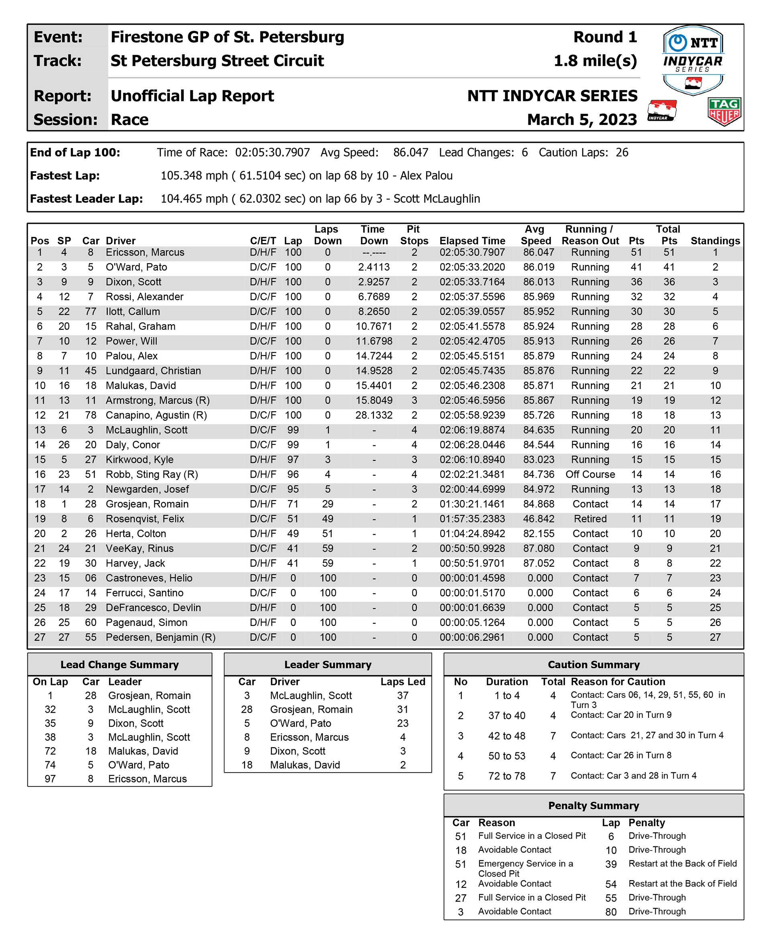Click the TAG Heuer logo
pos(724,111)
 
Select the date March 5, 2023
pos(582,119)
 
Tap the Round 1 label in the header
pos(605,37)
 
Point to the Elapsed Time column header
pos(472,241)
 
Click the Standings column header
pos(715,241)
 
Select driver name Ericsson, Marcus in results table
pos(145,252)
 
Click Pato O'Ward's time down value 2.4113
pos(373,267)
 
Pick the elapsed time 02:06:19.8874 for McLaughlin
pos(472,430)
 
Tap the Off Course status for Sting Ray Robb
pos(590,474)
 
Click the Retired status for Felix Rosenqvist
pos(590,519)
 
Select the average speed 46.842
pos(538,519)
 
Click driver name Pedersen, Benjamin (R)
pos(160,637)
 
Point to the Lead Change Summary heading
pos(120,664)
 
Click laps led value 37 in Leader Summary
pos(402,695)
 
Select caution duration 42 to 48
pos(506,736)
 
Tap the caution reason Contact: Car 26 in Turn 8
pos(621,755)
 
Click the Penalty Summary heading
pos(594,805)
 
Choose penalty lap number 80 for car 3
pos(611,912)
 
